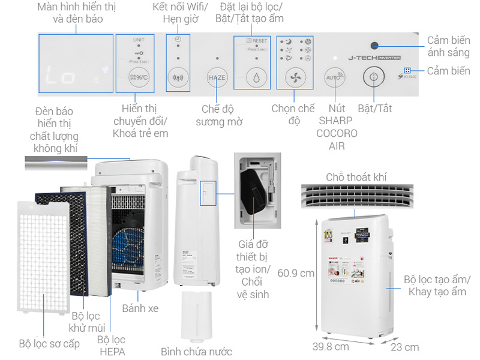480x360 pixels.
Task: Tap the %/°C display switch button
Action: (138, 77)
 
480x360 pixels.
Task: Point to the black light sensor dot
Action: (374, 46)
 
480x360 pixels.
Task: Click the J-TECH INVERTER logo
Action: (371, 59)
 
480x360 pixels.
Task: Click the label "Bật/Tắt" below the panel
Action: (375, 109)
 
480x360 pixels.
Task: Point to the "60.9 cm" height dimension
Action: (296, 273)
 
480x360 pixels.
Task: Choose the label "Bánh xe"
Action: (140, 308)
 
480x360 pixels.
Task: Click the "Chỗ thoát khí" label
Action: (356, 177)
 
